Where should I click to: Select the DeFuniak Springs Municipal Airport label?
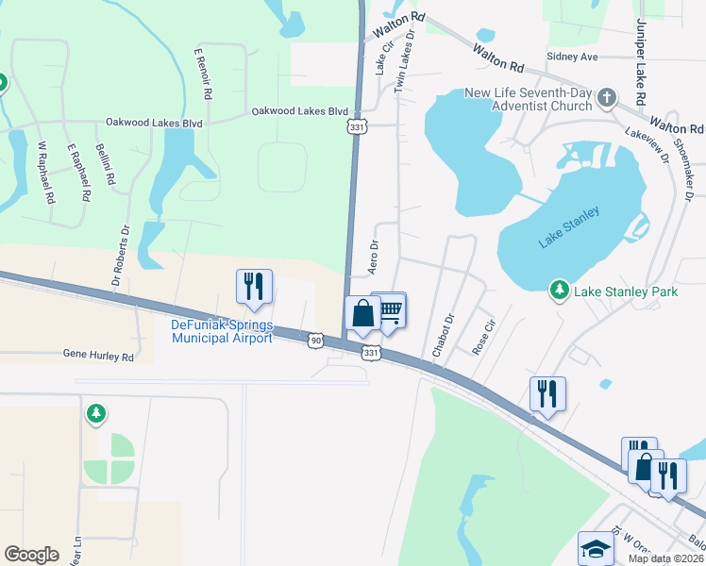coord(222,331)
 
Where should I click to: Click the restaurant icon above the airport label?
coord(254,286)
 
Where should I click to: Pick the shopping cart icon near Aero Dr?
coord(389,310)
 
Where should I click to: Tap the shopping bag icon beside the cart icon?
coord(362,312)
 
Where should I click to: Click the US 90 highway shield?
coord(315,339)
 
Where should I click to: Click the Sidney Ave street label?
coord(573,57)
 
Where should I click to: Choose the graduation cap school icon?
coord(596,548)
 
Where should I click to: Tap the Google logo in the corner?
coord(31,555)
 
